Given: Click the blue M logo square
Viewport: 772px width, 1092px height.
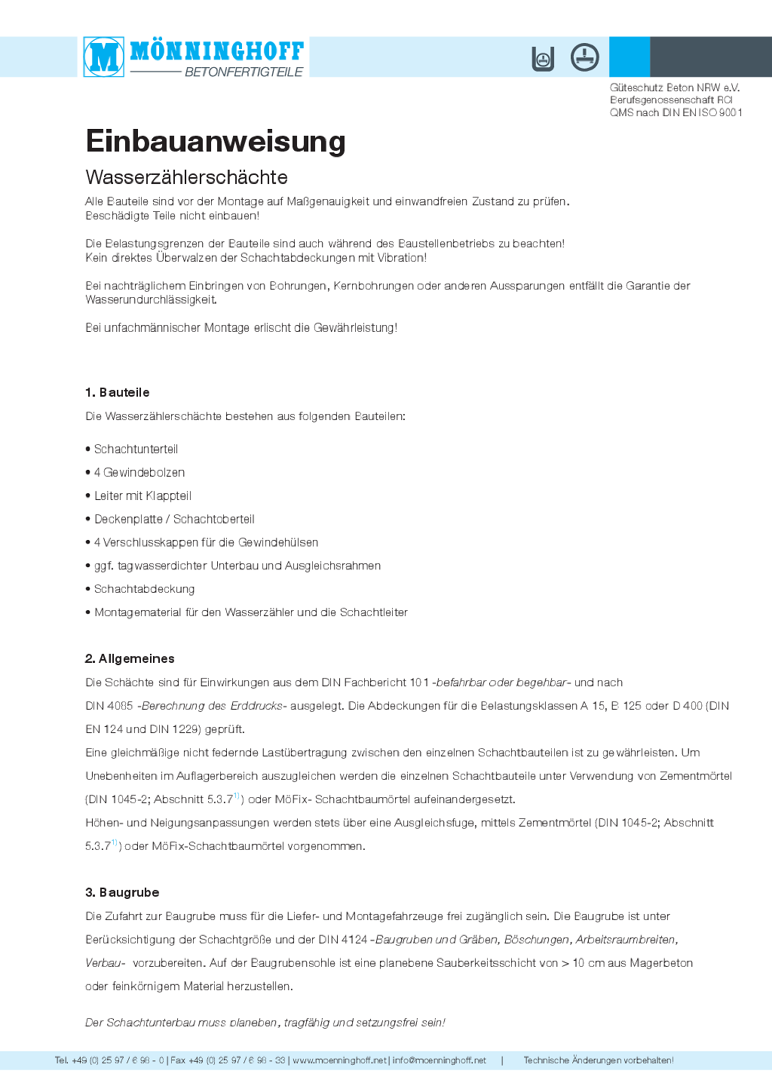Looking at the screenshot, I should (104, 57).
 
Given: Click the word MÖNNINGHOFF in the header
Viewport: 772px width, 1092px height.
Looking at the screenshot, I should (217, 51).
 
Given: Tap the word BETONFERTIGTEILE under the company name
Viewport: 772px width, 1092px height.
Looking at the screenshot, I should (244, 72).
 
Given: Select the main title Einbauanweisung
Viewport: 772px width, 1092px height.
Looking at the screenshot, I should (216, 141).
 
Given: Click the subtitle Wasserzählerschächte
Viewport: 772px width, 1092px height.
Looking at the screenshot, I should (187, 177).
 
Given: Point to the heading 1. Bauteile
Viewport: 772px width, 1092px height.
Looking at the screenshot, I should (118, 392).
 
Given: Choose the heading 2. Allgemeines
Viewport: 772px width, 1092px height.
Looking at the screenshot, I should (130, 658).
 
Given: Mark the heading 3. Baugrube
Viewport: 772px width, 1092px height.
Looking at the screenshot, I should (122, 892).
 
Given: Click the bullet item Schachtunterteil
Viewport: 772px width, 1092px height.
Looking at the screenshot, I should (136, 449).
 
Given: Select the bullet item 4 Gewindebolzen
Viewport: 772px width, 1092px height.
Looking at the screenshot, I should (139, 472).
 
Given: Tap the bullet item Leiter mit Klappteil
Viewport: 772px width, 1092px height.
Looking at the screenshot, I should (142, 495).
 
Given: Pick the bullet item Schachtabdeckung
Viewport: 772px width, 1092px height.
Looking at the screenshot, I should (144, 589).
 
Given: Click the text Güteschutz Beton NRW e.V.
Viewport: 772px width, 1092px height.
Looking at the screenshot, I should (675, 87).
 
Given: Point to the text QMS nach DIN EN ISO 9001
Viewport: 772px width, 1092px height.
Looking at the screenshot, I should (676, 112).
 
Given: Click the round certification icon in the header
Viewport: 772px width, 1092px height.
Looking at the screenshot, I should (584, 57).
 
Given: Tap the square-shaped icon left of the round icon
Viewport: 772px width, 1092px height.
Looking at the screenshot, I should (543, 58).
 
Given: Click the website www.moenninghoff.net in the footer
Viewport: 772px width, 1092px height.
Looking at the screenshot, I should (339, 1060).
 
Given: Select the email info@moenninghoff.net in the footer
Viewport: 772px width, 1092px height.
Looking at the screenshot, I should (439, 1060).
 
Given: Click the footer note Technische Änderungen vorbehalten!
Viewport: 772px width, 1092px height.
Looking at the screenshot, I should (599, 1060).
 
